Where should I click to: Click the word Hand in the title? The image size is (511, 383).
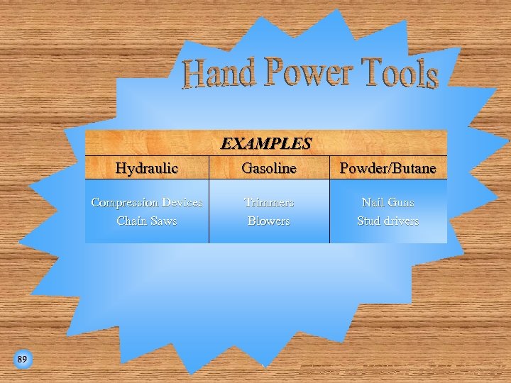[219, 74]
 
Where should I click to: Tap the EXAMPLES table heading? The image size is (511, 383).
[266, 143]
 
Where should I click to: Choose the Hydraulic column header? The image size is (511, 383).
[147, 168]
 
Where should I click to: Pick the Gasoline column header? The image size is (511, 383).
[269, 168]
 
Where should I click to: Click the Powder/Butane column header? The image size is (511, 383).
[388, 168]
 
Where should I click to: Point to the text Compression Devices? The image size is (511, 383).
[147, 203]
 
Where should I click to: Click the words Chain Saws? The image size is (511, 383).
[147, 221]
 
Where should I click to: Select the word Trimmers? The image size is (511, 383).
[269, 203]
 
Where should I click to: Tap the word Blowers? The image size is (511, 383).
[269, 221]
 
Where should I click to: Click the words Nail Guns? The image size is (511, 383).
[388, 203]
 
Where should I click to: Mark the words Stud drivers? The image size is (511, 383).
[388, 221]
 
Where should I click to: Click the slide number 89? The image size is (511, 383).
[22, 360]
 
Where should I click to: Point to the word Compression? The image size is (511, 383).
[125, 203]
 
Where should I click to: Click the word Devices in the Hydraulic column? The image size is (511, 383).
[182, 203]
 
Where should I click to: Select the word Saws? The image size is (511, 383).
[164, 221]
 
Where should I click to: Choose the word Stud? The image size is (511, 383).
[368, 221]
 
